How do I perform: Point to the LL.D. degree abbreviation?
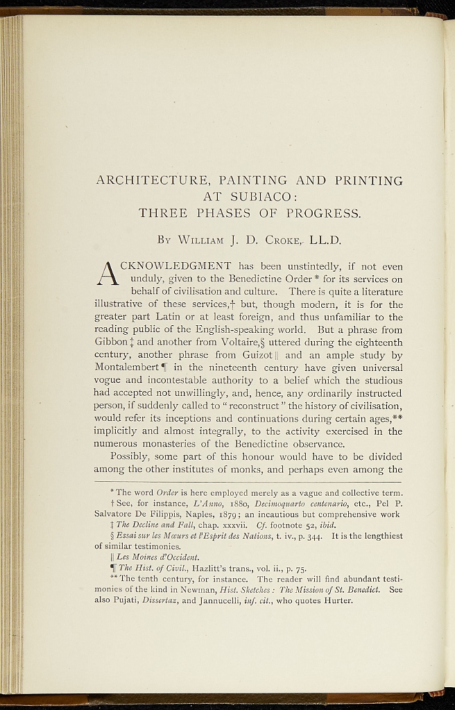click(326, 241)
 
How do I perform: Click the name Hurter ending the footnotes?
click(338, 600)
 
